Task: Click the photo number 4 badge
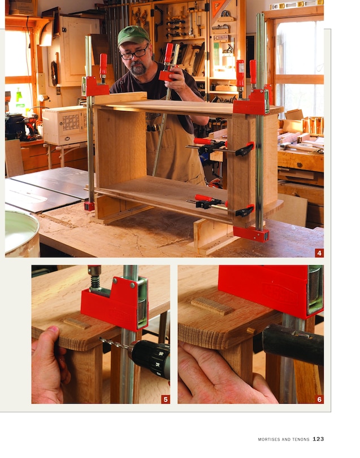tap(319, 253)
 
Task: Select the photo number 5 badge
tap(165, 399)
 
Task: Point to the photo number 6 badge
tap(319, 399)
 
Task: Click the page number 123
tap(318, 439)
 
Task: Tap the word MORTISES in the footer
tap(271, 439)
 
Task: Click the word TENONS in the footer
tap(300, 439)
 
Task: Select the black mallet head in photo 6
tap(292, 344)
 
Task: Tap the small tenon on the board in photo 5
tap(77, 323)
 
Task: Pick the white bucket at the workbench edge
tap(21, 232)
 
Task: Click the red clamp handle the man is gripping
tap(168, 54)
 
